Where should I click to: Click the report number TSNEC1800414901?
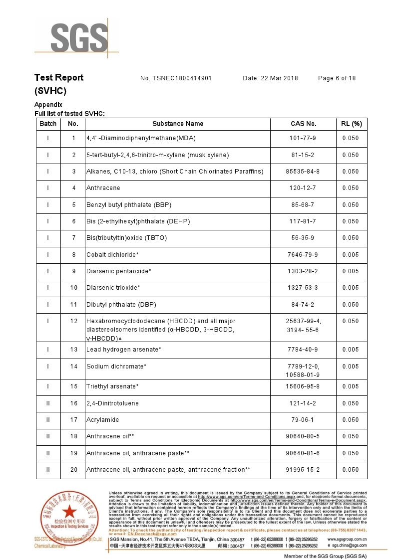176,78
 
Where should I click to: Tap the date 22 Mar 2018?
270,78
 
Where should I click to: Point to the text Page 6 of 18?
337,78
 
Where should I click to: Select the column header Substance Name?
178,124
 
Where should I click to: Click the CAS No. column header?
303,124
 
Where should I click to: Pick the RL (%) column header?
351,124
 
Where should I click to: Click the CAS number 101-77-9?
303,138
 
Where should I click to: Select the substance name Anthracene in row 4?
103,188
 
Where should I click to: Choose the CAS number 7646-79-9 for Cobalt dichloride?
303,255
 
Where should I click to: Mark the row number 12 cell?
73,321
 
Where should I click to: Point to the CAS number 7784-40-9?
303,350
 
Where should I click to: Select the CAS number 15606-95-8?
303,386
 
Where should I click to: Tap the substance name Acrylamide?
103,420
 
